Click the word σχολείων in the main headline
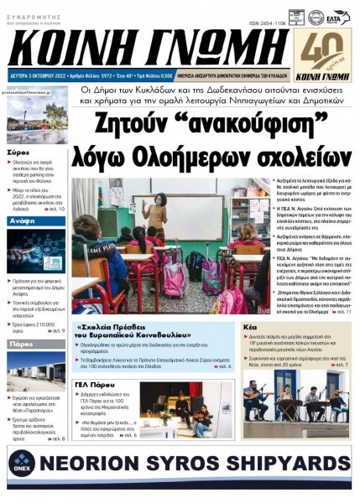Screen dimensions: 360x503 295,156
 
